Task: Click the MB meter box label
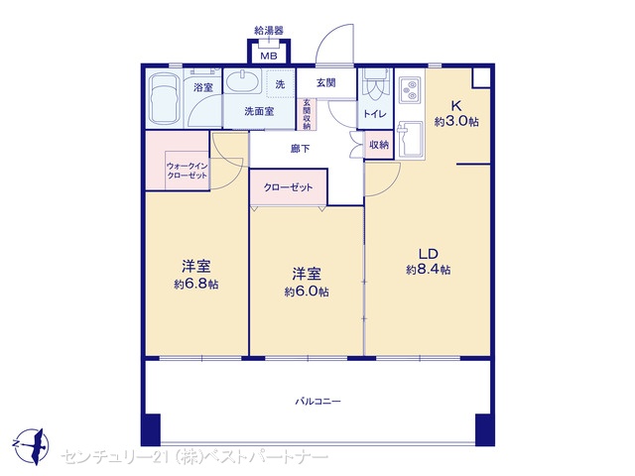tap(269, 56)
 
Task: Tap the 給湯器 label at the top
tap(269, 31)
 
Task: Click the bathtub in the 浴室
tap(164, 98)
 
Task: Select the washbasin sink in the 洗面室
tap(242, 81)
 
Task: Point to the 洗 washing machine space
tap(280, 84)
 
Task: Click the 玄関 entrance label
tap(326, 83)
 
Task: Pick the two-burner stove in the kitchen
tap(411, 90)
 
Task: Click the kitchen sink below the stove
tap(410, 139)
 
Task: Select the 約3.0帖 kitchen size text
tap(456, 121)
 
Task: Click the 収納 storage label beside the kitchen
tap(379, 145)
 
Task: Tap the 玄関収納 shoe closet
tap(307, 115)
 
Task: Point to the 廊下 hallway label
tap(300, 149)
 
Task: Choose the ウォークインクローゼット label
tap(187, 171)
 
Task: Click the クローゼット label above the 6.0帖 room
tap(288, 187)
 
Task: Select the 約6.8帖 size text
tap(196, 285)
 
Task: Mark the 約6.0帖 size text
tap(307, 292)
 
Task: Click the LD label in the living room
tap(428, 254)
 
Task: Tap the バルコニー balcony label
tap(317, 402)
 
